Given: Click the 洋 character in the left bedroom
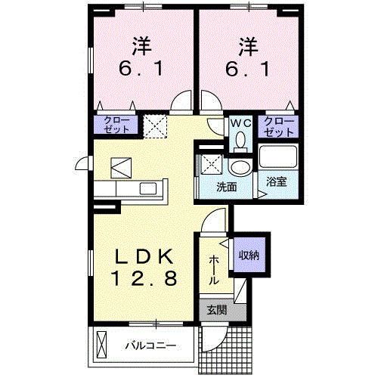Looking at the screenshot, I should point(140,45).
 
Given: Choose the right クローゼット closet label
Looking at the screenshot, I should point(278,126).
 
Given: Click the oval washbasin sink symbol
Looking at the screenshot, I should point(240,167).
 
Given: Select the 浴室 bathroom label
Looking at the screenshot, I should point(275,182).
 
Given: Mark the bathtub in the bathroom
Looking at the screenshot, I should point(278,158).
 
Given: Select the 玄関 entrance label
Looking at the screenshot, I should point(216,309).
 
